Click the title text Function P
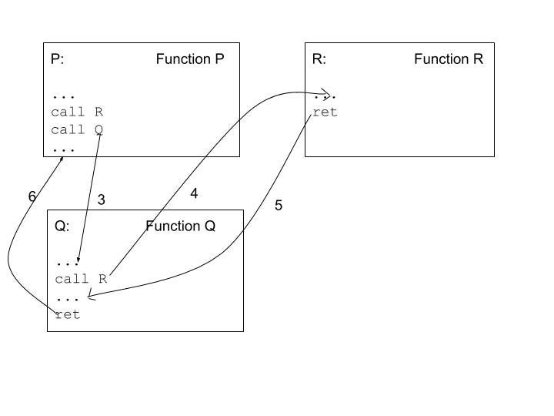[190, 59]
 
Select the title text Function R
[449, 59]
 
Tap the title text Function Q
[181, 226]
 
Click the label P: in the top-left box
[58, 59]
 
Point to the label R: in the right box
[319, 59]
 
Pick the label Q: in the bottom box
[62, 226]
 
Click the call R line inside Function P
[77, 112]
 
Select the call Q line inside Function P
[77, 129]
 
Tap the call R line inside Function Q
[81, 279]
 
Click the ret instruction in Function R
[325, 112]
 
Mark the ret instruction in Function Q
[68, 314]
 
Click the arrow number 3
[101, 200]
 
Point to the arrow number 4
[194, 194]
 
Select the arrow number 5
[279, 206]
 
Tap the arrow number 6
[32, 196]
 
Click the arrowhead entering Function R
[331, 96]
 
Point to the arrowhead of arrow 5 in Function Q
[91, 295]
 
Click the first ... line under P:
[63, 96]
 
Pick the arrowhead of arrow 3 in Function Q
[78, 263]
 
